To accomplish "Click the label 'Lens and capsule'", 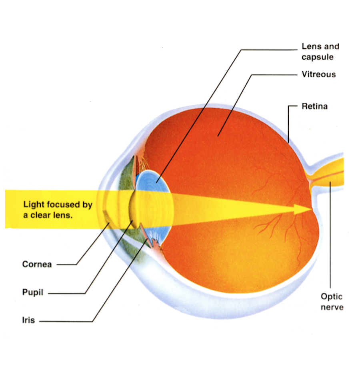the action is click(x=320, y=52).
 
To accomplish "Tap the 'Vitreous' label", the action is click(x=319, y=74).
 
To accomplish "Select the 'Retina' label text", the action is click(x=314, y=106).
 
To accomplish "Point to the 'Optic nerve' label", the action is click(x=332, y=302).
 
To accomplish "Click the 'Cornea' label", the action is click(x=37, y=264).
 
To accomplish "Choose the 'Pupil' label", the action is click(x=32, y=292).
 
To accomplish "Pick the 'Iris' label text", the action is click(x=28, y=320).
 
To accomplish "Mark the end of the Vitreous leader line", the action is click(x=218, y=136).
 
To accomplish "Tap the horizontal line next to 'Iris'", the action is click(x=66, y=321).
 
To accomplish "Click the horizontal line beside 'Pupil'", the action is click(x=66, y=293).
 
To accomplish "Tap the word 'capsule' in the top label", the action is click(x=318, y=56).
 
